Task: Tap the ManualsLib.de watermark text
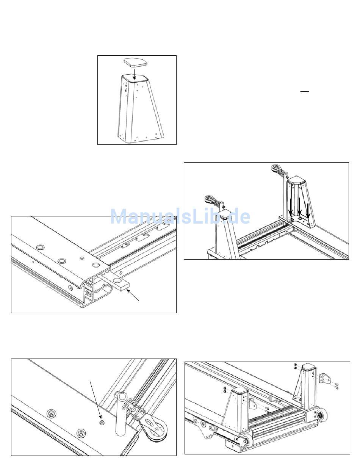(180, 216)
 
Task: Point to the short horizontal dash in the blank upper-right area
(304, 92)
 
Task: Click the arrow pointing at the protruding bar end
(133, 295)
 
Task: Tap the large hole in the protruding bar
(117, 280)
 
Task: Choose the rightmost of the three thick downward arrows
(308, 210)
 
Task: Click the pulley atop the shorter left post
(209, 199)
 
